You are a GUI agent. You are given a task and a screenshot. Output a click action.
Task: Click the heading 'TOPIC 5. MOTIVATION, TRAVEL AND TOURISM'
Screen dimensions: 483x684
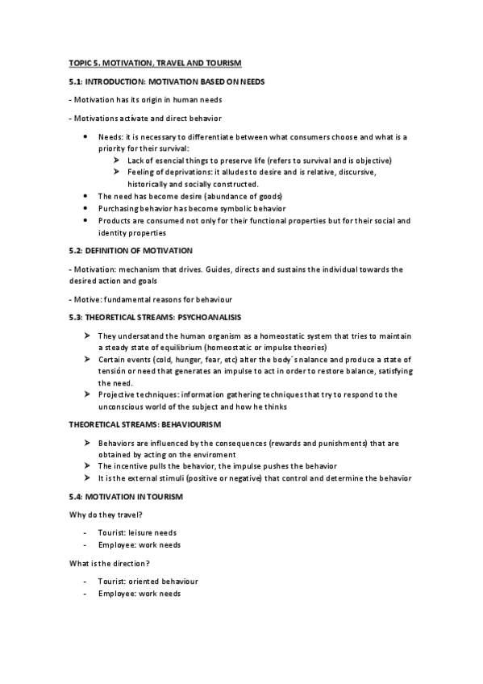coord(155,62)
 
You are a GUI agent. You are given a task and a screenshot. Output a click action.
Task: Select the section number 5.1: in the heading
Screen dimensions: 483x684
coord(77,81)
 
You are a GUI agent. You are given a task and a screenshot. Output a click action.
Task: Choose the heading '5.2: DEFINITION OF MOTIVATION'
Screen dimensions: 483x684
coord(131,250)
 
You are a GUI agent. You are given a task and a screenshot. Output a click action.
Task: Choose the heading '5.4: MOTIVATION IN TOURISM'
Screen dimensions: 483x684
coord(126,497)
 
